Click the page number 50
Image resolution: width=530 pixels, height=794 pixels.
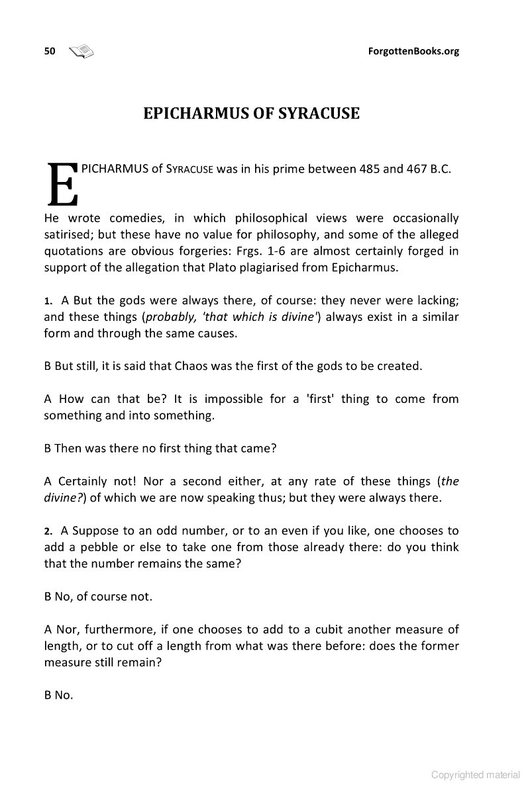click(x=50, y=51)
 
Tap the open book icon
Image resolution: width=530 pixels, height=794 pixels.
click(x=81, y=51)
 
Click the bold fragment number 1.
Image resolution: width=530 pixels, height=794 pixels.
click(x=48, y=301)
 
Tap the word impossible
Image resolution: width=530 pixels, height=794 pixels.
click(x=236, y=399)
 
